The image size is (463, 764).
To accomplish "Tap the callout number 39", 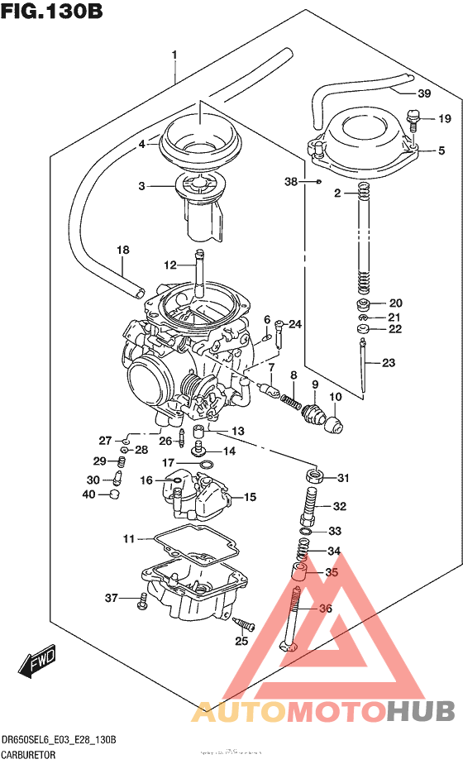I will (x=424, y=93).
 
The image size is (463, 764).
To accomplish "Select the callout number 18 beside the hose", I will (x=122, y=249).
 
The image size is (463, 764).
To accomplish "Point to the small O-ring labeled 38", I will (x=317, y=180).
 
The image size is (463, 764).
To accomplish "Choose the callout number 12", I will (x=169, y=265).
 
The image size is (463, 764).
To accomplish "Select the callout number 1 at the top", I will (x=174, y=55).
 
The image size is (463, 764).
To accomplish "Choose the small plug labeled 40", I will (x=116, y=494).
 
